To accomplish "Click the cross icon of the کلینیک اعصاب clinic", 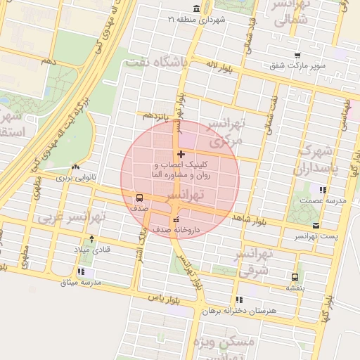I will pos(181,154).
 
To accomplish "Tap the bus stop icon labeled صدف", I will pos(139,198).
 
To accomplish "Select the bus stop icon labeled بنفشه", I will pos(295,276).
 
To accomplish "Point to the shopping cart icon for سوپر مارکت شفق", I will pos(298,56).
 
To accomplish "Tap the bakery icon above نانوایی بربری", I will pos(75,167).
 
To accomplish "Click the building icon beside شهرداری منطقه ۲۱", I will pos(195,9).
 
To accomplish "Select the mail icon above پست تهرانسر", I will pos(316,225).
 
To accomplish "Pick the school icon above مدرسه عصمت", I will pos(323,190).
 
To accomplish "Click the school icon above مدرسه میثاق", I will pos(82,271).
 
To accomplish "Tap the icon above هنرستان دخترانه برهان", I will pos(240,299).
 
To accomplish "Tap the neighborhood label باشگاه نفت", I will pos(156,63).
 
